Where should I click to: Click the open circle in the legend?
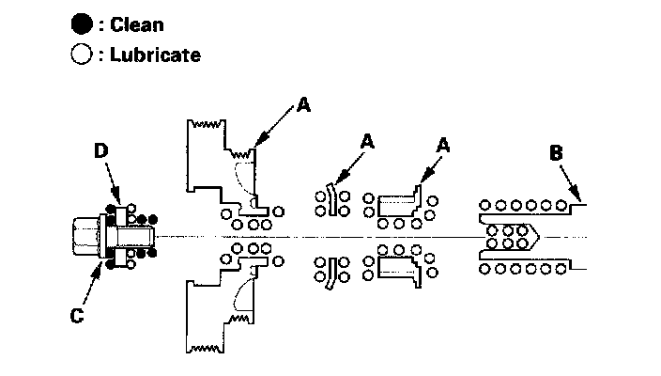click(x=82, y=55)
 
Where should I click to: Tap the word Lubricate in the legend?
click(x=154, y=55)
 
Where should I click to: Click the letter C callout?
click(x=79, y=316)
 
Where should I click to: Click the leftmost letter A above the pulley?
click(x=302, y=105)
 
